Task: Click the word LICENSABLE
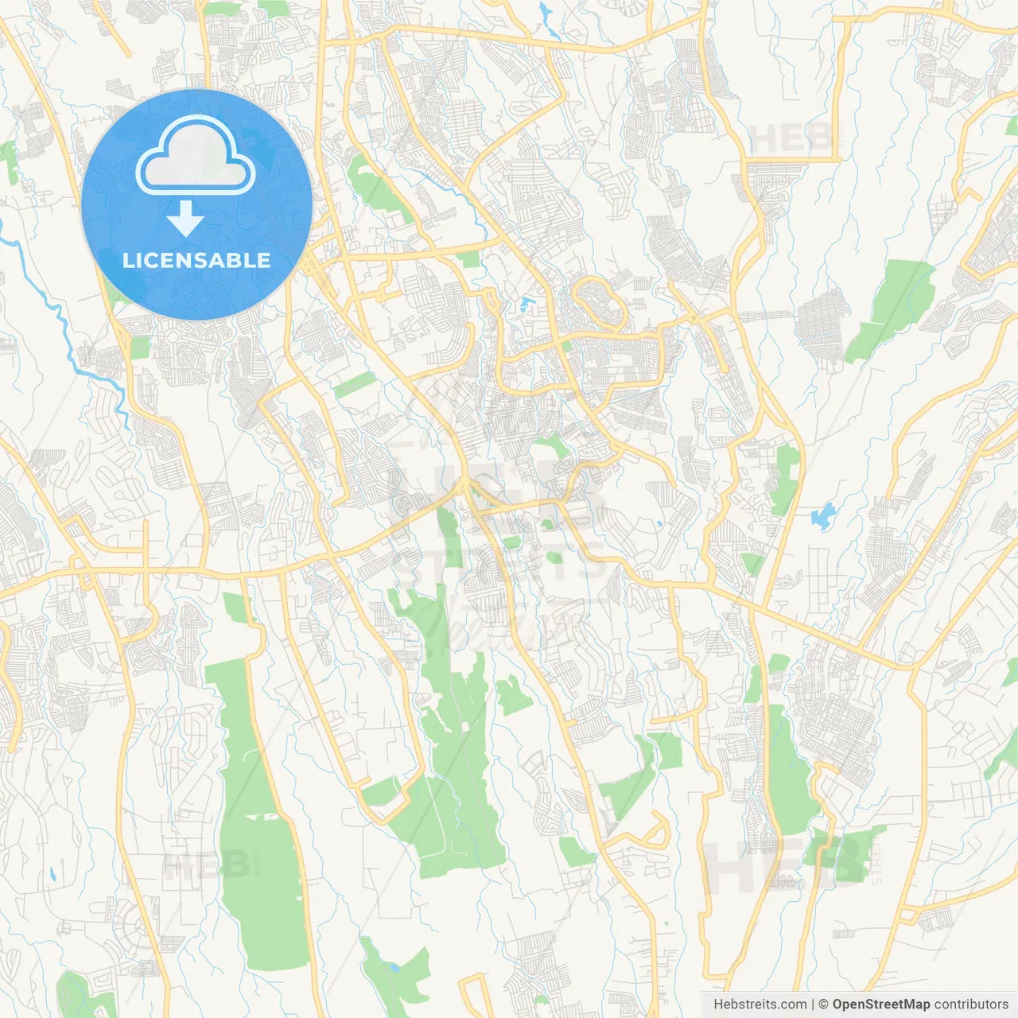coord(196,260)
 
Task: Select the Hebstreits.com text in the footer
coord(760,1004)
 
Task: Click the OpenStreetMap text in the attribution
coord(881,1004)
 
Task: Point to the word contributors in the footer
coord(971,1004)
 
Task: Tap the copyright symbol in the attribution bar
coord(823,1004)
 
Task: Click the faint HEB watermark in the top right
coord(791,140)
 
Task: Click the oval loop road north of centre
coord(600,302)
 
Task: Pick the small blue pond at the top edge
coord(545,11)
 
